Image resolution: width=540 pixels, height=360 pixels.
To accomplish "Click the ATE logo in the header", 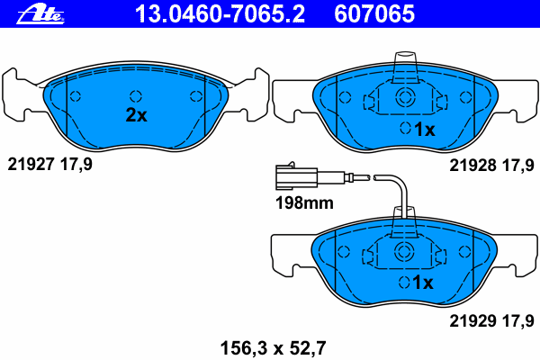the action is [40, 15].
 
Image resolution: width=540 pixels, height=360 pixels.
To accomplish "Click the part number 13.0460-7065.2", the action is [220, 13].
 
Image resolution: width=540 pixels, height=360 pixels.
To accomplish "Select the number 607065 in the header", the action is [374, 13].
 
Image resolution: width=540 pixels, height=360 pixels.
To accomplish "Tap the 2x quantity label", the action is [137, 115].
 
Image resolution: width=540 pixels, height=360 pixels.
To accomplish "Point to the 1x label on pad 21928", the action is [425, 130].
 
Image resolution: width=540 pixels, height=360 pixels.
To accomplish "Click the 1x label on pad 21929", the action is [423, 283].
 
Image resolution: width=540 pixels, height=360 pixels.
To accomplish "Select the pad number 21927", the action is [31, 165].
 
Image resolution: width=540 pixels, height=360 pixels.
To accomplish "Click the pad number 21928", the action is [472, 166].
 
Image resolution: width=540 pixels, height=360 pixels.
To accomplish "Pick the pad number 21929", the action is [472, 321].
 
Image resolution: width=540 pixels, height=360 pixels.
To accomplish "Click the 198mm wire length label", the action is [304, 202].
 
